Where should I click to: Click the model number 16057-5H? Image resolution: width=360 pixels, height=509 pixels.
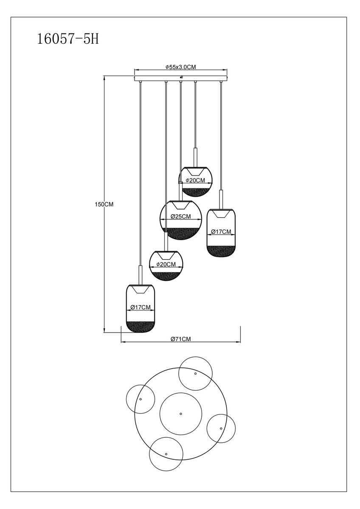(68, 39)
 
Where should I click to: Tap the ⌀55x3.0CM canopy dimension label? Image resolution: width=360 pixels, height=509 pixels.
(180, 67)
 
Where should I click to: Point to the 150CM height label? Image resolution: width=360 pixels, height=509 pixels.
(104, 204)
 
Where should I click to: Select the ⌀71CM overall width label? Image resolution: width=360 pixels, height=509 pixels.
(181, 339)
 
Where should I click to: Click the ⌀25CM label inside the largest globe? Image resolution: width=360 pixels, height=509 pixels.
(180, 216)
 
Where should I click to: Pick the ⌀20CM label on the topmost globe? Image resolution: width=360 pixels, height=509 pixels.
(195, 180)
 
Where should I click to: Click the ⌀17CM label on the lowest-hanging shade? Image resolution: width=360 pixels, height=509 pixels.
(141, 307)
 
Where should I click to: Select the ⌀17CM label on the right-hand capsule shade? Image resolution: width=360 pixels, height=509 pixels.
(221, 232)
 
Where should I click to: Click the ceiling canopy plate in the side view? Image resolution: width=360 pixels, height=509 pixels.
(180, 78)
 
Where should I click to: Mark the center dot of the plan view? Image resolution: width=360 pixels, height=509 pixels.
(180, 414)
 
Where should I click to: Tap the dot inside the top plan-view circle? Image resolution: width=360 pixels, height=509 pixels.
(195, 373)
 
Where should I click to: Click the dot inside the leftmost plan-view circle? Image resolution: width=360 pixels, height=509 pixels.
(141, 399)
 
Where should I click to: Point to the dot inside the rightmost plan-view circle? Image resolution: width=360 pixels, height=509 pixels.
(221, 428)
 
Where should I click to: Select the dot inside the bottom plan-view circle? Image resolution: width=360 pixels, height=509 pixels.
(166, 454)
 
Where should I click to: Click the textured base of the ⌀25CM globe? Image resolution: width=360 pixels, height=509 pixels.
(180, 233)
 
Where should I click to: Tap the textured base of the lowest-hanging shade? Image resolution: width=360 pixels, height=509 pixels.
(141, 327)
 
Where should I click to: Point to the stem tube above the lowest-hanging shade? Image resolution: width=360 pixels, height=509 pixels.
(141, 274)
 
